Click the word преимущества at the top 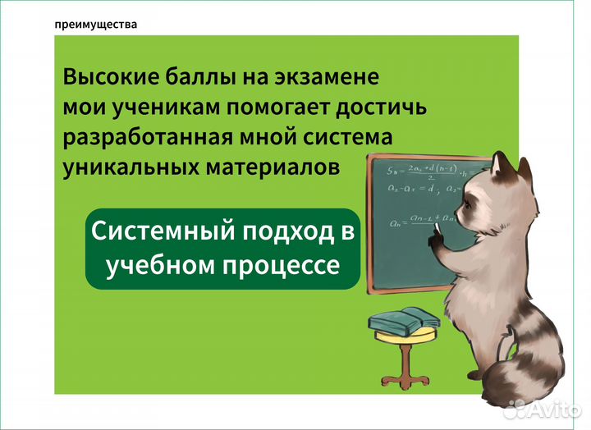(x=95, y=25)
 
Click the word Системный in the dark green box (x=160, y=232)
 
